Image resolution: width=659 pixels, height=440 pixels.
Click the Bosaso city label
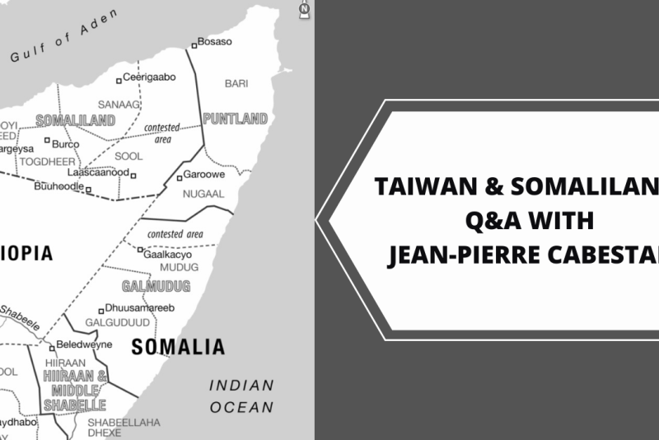214,42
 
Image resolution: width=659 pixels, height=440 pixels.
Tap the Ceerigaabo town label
149,77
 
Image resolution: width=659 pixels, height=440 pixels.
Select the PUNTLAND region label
235,119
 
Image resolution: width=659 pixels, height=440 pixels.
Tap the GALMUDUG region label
156,287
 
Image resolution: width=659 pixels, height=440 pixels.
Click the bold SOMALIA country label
178,346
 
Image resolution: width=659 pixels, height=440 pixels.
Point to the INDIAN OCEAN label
241,396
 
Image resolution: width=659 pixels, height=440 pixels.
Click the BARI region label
236,83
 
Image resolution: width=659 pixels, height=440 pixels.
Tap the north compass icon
305,10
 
